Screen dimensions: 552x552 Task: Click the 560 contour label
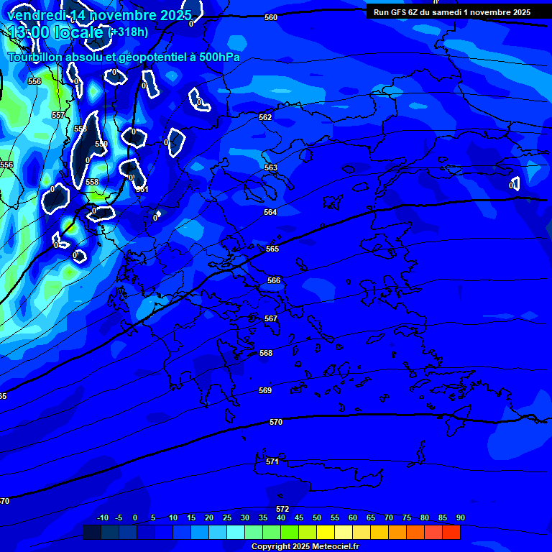coord(270,17)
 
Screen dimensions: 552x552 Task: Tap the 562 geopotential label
coord(265,117)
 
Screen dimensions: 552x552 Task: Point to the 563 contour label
coord(270,167)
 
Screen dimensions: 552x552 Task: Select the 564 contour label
coord(270,212)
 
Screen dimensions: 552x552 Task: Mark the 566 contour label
coord(273,280)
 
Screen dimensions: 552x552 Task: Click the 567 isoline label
coord(270,318)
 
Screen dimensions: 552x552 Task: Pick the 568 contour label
coord(265,353)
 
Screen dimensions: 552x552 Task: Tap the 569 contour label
coord(265,390)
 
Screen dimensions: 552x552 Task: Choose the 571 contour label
coord(272,461)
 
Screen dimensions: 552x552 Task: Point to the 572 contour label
coord(282,509)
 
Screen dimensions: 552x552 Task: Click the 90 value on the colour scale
coord(460,517)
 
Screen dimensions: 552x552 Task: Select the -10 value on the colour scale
coord(102,517)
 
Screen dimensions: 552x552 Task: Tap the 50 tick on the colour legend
coord(317,517)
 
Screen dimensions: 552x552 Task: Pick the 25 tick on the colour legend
coord(227,517)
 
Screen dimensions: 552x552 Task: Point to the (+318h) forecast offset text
coord(128,32)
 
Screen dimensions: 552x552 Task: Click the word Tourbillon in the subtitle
coord(35,57)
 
